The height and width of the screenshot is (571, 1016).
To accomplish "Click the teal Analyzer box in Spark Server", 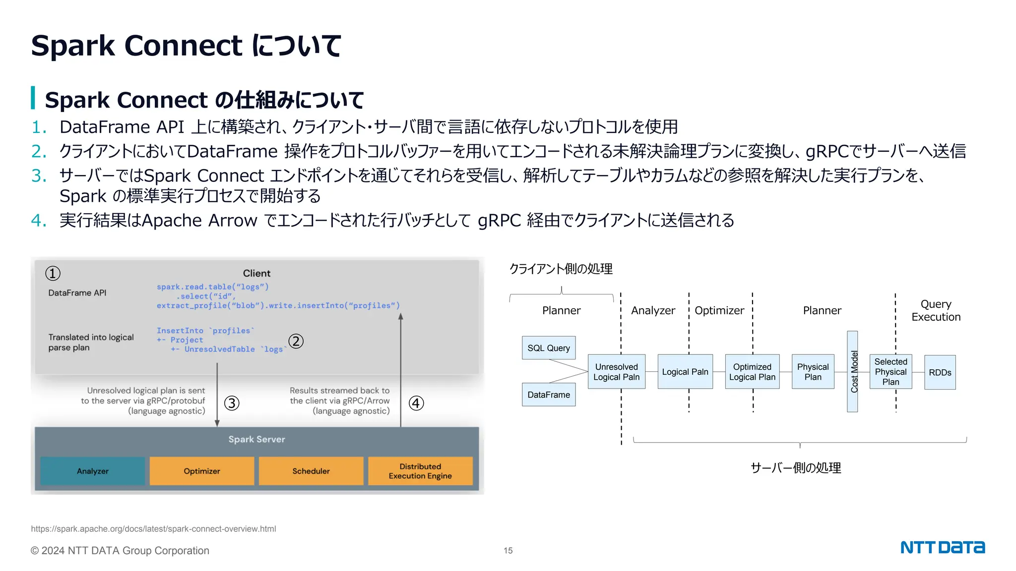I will point(92,471).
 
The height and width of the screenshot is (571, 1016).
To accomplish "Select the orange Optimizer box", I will point(201,471).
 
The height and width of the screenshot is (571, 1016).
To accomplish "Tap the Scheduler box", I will point(311,471).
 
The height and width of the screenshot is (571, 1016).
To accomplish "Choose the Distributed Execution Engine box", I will point(420,471).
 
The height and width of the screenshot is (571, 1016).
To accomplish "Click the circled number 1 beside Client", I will point(53,273).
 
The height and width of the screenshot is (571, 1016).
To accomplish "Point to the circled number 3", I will point(232,403).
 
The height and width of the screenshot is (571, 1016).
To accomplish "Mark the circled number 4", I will point(416,403).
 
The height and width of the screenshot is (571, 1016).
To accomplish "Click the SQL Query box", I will point(549,348).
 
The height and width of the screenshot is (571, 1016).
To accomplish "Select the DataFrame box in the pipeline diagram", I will point(549,395).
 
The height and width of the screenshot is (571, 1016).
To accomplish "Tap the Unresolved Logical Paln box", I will point(616,372).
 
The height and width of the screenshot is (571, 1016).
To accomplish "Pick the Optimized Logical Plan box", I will point(752,372).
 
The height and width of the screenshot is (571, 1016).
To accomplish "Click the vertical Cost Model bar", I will point(852,372).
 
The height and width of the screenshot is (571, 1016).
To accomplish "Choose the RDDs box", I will point(940,372).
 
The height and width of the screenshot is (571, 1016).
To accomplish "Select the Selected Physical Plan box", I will point(890,372).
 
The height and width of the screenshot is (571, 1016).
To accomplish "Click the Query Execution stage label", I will point(936,310).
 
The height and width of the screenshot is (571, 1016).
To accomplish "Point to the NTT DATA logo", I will point(943,547).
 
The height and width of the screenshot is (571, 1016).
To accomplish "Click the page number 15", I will point(508,550).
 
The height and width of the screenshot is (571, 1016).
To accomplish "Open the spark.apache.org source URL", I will point(153,529).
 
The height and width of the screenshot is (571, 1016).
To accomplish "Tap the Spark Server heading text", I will point(256,439).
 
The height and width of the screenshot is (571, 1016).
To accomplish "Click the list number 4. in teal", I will point(39,220).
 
